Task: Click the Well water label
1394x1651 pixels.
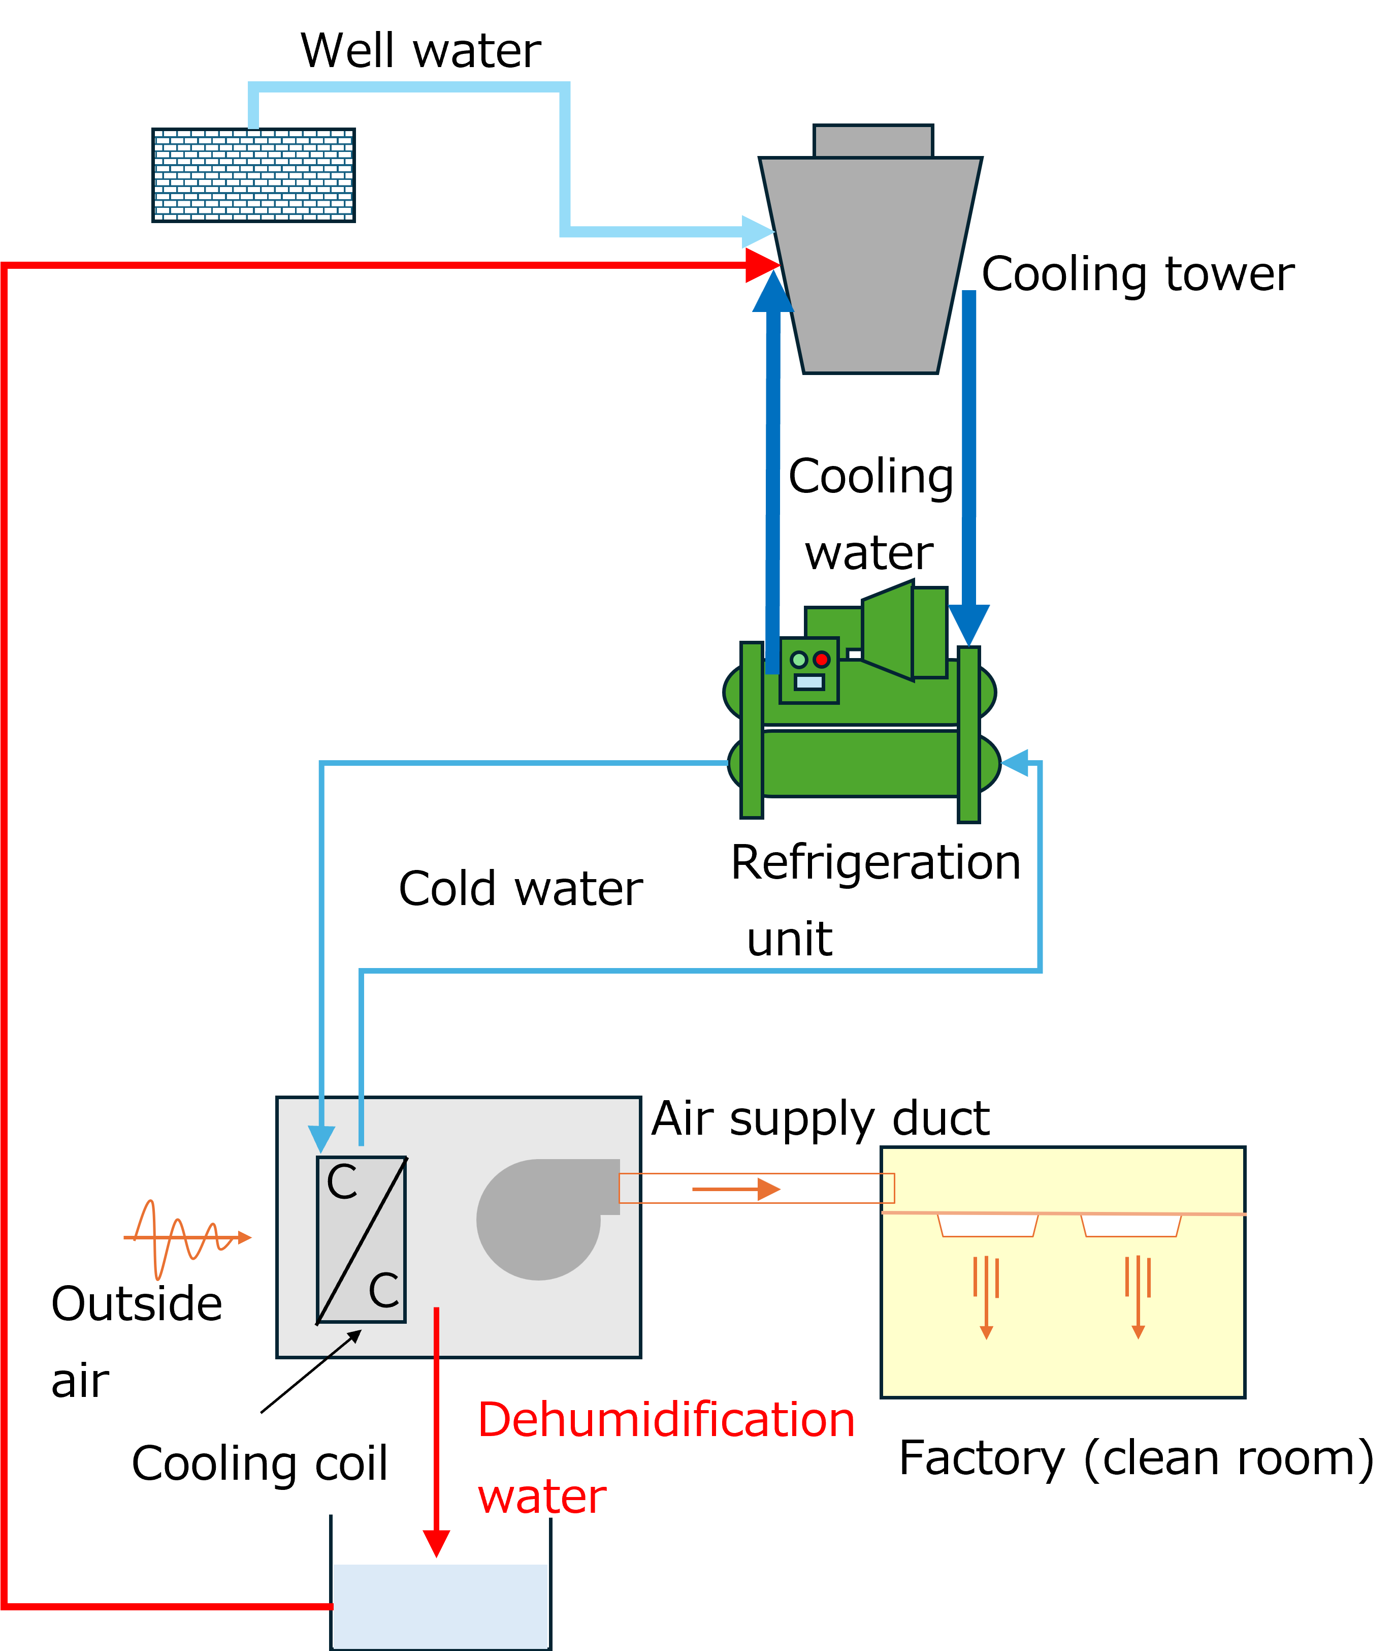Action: [420, 51]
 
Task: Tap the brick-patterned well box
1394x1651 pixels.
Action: [254, 175]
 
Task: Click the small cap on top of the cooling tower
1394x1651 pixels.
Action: [873, 141]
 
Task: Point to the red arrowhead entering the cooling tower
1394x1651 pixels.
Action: [763, 265]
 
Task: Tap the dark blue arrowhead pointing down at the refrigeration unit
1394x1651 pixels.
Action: [969, 625]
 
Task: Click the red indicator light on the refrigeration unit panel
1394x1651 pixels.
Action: [822, 660]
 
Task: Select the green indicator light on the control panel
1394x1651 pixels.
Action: [799, 660]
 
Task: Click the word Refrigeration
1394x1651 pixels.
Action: [876, 863]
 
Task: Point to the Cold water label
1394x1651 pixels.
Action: [521, 889]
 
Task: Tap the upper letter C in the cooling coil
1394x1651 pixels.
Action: [342, 1183]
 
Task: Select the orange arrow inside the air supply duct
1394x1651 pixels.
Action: [736, 1189]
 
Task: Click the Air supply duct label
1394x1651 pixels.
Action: [820, 1119]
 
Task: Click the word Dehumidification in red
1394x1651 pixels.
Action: [667, 1420]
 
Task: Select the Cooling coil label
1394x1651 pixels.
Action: [259, 1463]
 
